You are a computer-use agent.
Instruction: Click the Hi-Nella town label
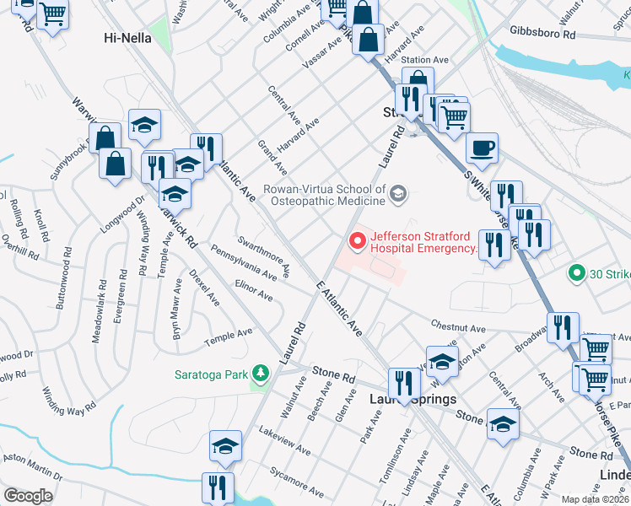[127, 37]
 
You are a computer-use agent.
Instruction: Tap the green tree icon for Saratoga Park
[262, 372]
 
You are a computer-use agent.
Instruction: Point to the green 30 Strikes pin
[577, 273]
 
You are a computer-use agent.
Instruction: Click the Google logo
[28, 495]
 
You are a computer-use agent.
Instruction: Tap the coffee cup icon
[483, 148]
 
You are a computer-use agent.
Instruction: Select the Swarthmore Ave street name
[264, 256]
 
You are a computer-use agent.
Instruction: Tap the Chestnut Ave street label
[459, 327]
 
